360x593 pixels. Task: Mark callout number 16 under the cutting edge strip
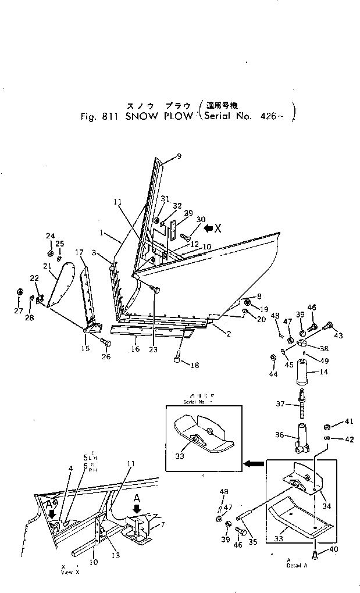(136, 350)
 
